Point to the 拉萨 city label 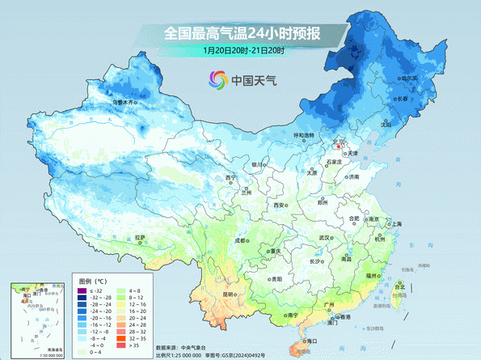tap(142, 237)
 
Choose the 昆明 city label tap(230, 294)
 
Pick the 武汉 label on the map tap(324, 238)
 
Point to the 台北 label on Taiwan tap(399, 286)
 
